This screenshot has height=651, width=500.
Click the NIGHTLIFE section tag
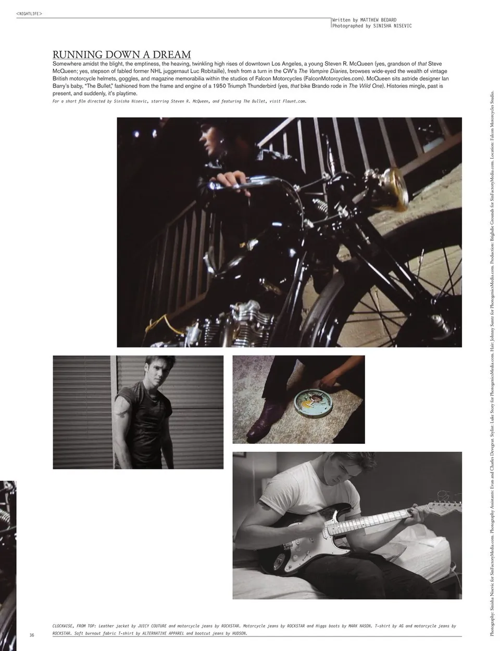29,14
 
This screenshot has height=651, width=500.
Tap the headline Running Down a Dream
121,55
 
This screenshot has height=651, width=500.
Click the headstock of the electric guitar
447,504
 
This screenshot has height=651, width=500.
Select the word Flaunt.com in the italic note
294,101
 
